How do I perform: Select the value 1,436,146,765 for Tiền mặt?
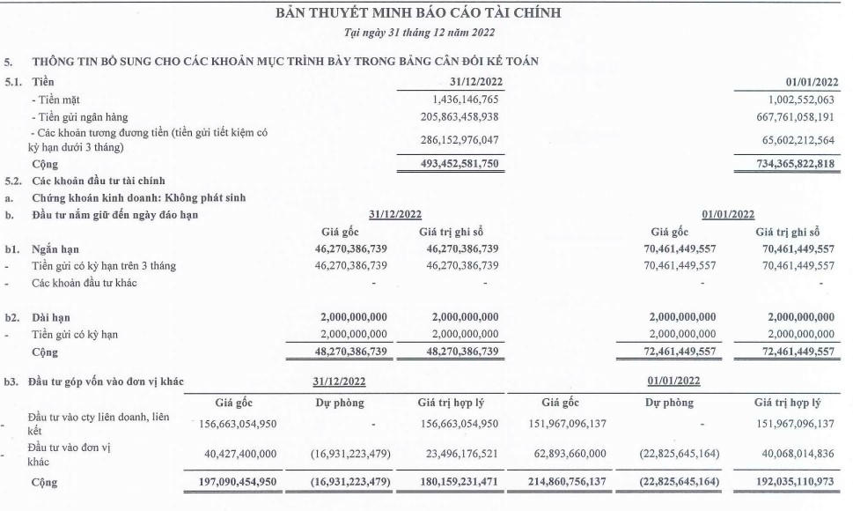click(x=453, y=100)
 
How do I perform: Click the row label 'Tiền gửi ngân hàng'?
click(x=82, y=117)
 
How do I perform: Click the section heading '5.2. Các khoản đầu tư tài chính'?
click(x=97, y=181)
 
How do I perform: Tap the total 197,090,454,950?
click(x=233, y=484)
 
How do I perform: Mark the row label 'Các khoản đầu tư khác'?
click(x=85, y=283)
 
